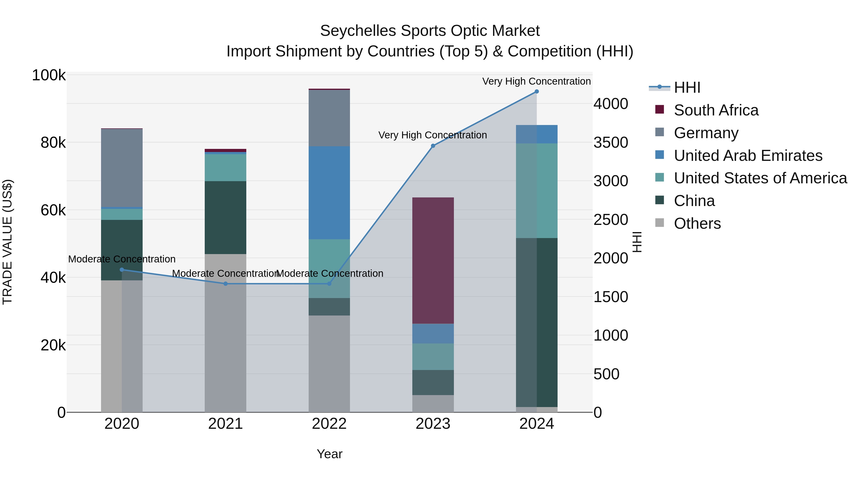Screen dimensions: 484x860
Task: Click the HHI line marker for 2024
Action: pos(537,92)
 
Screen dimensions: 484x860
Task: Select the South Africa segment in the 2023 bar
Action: pos(433,261)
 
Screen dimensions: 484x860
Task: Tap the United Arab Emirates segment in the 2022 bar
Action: pos(329,193)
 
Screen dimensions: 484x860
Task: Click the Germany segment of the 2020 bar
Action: pos(122,168)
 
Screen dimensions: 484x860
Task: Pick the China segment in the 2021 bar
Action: pos(225,218)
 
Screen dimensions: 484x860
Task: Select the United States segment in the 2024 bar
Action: pos(537,191)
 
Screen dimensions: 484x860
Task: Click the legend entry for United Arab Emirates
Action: pos(748,156)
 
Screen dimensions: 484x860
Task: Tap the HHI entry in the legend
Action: pos(687,87)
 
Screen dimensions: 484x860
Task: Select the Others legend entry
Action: pos(697,223)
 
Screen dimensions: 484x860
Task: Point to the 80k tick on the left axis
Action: pos(53,143)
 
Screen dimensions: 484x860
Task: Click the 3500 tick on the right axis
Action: pos(611,143)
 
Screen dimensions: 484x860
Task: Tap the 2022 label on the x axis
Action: pos(329,424)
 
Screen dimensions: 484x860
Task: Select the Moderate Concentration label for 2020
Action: pos(122,259)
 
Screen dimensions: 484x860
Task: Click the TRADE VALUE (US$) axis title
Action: pos(7,242)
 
